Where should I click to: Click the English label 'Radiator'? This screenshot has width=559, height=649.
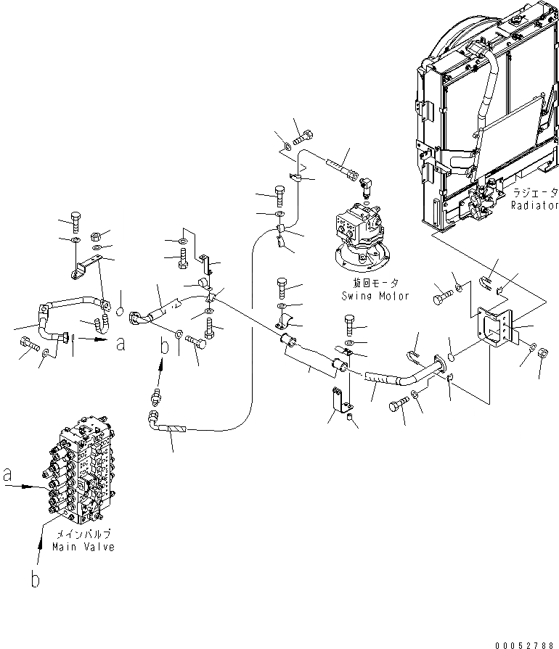click(534, 206)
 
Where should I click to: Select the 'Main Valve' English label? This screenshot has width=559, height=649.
click(83, 547)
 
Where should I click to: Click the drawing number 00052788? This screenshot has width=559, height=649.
click(528, 642)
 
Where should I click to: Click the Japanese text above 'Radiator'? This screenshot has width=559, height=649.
click(534, 194)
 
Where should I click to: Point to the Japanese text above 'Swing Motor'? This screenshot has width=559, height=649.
click(375, 284)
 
